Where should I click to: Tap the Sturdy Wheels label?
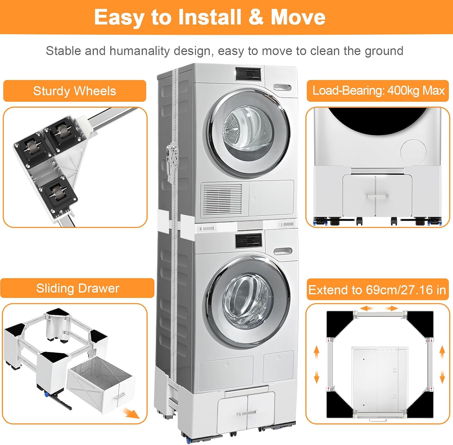tap(75, 91)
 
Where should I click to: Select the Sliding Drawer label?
tap(78, 288)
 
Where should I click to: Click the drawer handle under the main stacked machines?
tap(247, 413)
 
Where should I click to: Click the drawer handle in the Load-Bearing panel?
tap(377, 196)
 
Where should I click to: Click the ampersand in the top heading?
tap(256, 17)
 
